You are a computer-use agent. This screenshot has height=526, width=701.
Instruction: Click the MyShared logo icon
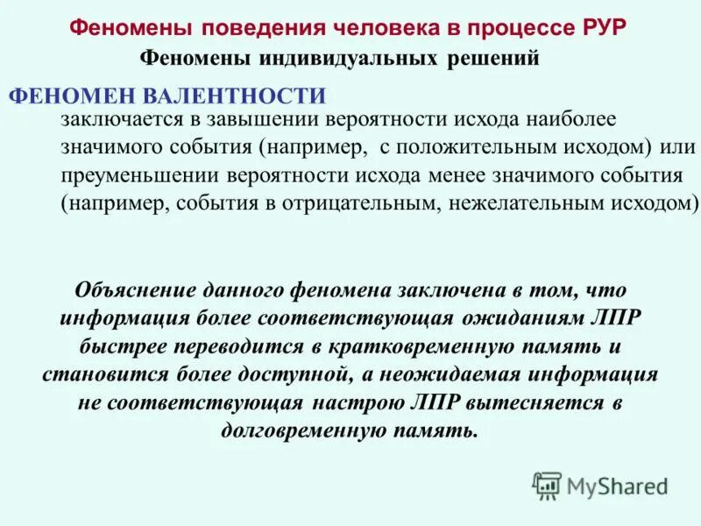[x=547, y=485]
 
